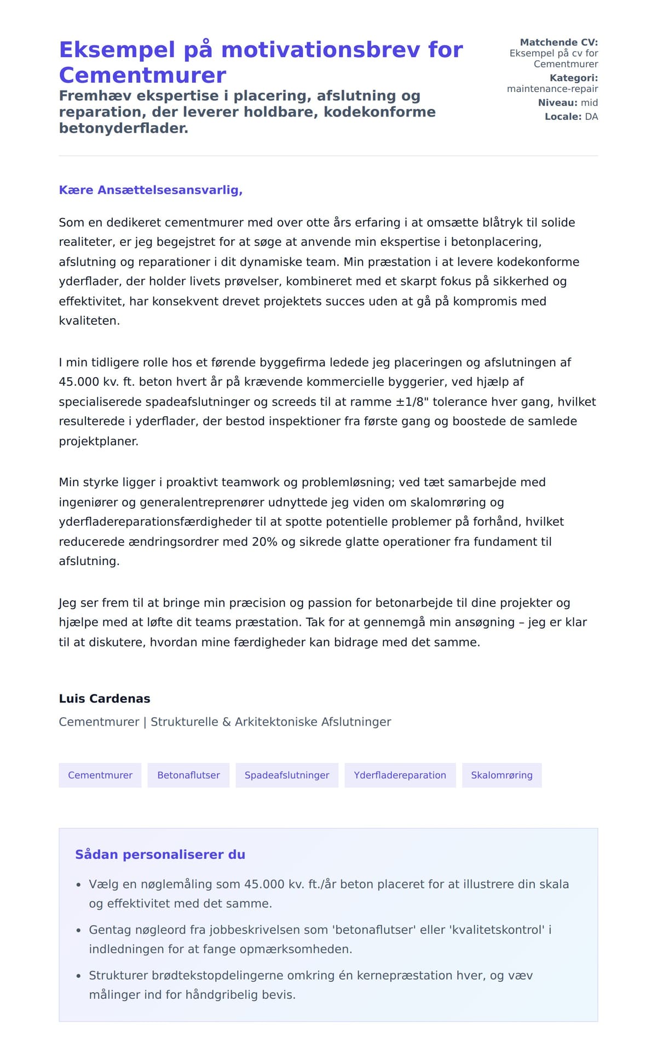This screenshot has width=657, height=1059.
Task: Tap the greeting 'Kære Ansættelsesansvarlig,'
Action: (x=151, y=190)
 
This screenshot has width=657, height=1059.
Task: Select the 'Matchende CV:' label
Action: (x=558, y=42)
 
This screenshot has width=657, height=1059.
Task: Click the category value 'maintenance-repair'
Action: (x=552, y=89)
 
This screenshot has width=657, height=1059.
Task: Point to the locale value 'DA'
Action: (x=591, y=117)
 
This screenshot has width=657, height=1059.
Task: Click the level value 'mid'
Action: (x=589, y=103)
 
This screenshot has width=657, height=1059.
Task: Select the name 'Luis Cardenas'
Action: (x=105, y=699)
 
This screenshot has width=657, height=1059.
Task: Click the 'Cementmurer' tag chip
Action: (x=100, y=775)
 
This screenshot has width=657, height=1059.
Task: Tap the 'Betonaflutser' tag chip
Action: (x=188, y=775)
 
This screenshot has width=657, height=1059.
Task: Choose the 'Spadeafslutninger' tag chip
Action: (x=287, y=775)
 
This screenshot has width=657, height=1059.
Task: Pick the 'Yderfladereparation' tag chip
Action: (x=400, y=775)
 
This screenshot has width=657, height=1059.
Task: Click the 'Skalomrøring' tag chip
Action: (x=502, y=775)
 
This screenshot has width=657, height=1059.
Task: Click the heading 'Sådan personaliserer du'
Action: (x=160, y=855)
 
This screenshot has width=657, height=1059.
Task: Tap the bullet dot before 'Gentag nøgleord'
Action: (x=78, y=930)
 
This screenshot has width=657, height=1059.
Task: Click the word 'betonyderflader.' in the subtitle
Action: (x=124, y=128)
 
